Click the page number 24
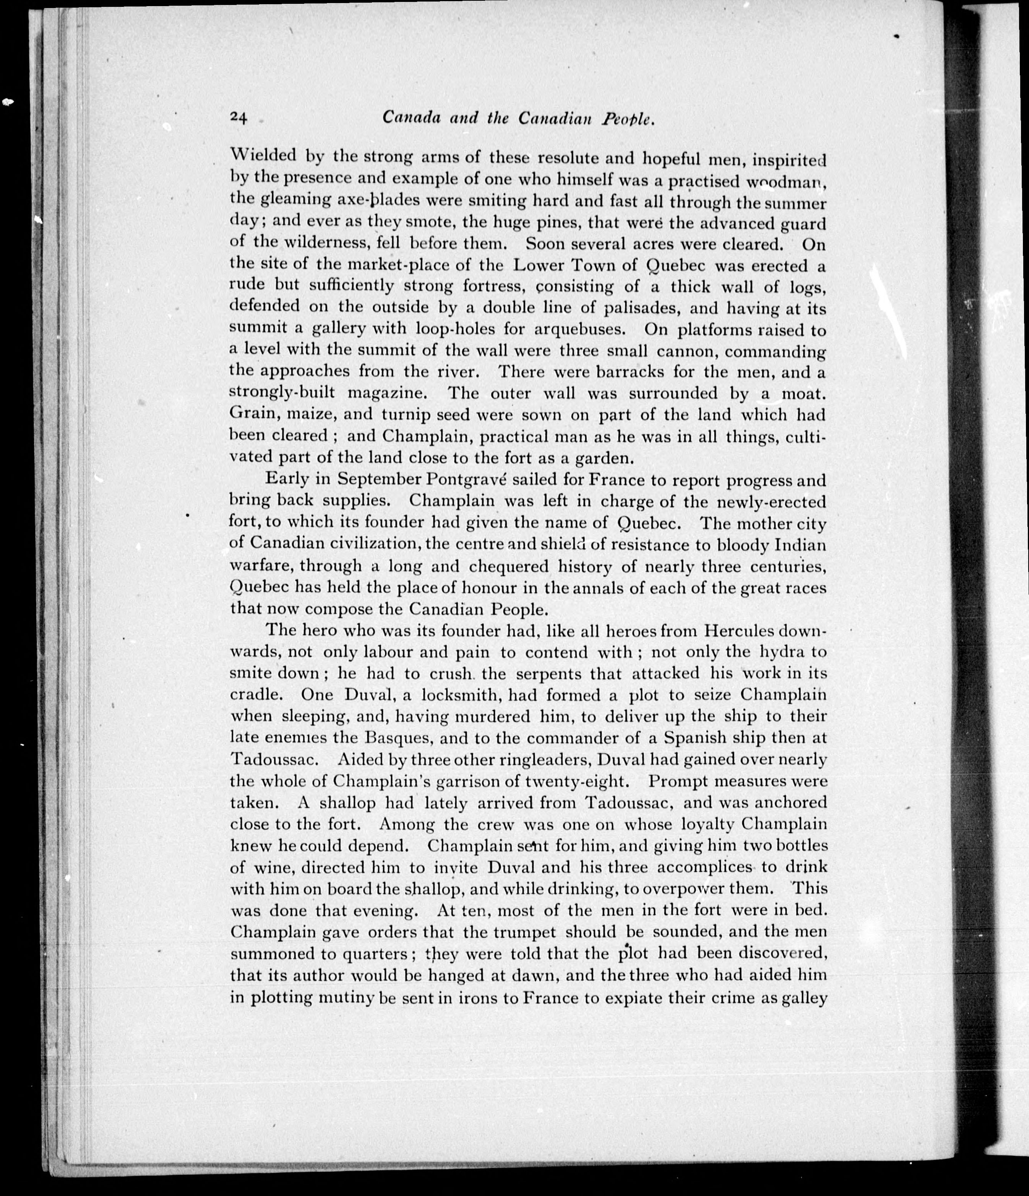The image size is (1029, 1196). [239, 118]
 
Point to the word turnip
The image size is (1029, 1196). [405, 415]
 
